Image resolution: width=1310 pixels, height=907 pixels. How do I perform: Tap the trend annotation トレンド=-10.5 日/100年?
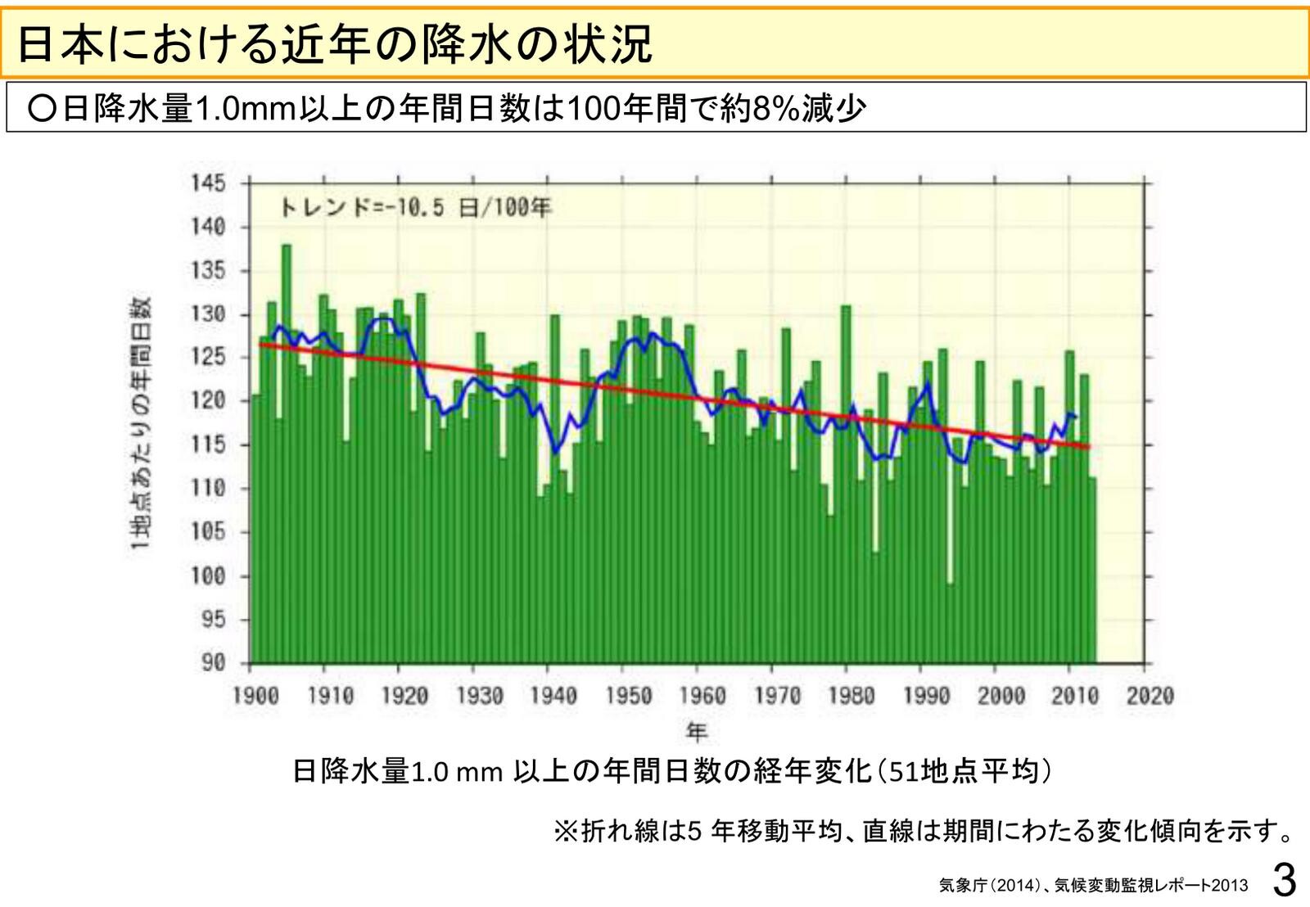[x=415, y=208]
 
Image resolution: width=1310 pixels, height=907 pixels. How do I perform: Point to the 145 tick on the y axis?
[x=209, y=183]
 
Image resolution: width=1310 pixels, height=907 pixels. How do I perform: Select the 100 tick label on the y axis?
[x=209, y=575]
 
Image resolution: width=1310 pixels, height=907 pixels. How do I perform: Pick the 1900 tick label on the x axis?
[x=256, y=697]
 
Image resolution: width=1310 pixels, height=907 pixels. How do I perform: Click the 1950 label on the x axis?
[x=629, y=697]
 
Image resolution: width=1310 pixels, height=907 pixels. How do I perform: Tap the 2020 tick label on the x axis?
[x=1150, y=697]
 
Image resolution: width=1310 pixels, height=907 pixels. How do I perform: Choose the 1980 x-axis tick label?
[x=852, y=697]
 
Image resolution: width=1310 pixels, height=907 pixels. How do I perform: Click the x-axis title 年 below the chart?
[x=697, y=730]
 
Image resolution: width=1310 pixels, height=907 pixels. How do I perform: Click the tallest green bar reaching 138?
[x=287, y=450]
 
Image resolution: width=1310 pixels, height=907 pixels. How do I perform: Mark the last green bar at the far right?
[x=1092, y=569]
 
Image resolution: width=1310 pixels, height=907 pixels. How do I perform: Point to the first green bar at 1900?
[x=256, y=528]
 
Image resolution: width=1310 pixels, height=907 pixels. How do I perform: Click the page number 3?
[x=1285, y=881]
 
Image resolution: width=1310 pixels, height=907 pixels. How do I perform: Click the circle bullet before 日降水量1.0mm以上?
[x=40, y=109]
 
